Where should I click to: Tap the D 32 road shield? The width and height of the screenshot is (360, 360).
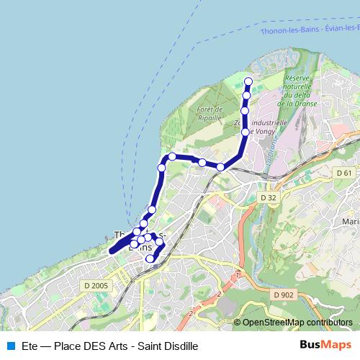point(268,197)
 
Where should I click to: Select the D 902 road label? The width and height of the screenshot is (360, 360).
point(284,294)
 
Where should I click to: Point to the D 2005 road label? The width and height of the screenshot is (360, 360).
point(95,286)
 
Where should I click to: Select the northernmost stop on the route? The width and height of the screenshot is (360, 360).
point(248,81)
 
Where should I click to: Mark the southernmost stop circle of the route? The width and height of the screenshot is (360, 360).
point(150,258)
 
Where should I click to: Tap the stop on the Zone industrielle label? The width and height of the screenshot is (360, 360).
point(246,132)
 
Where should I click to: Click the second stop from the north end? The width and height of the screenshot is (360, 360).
point(246,95)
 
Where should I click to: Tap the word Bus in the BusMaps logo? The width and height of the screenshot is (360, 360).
point(311,345)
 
